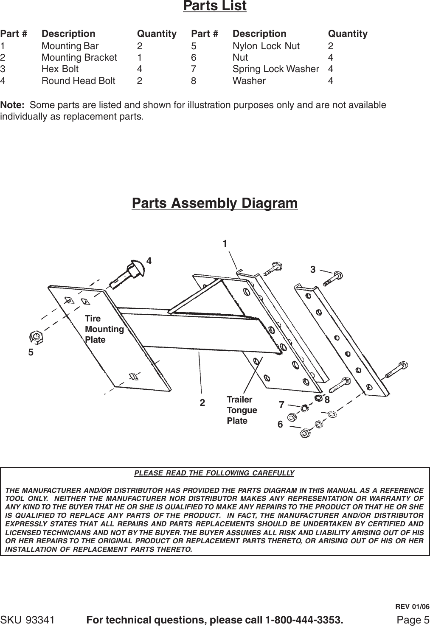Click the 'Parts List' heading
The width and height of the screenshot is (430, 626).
point(214,6)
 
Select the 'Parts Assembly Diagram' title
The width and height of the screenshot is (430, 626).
point(215,203)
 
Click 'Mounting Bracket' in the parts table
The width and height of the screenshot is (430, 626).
point(79,57)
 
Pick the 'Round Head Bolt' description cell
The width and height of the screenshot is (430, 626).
point(78,81)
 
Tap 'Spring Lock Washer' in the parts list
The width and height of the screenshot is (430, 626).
point(275,69)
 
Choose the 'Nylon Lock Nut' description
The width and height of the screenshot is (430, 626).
point(266,46)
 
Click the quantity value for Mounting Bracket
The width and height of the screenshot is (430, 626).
point(140,57)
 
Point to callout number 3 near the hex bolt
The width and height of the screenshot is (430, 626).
point(313,269)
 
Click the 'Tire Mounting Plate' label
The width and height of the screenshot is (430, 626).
point(104,329)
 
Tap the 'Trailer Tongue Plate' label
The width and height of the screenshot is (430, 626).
point(242,410)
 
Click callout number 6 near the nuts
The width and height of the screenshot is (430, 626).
point(280,424)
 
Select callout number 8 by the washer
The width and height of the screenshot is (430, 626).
point(327,400)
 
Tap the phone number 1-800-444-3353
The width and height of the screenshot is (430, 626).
point(304,620)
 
